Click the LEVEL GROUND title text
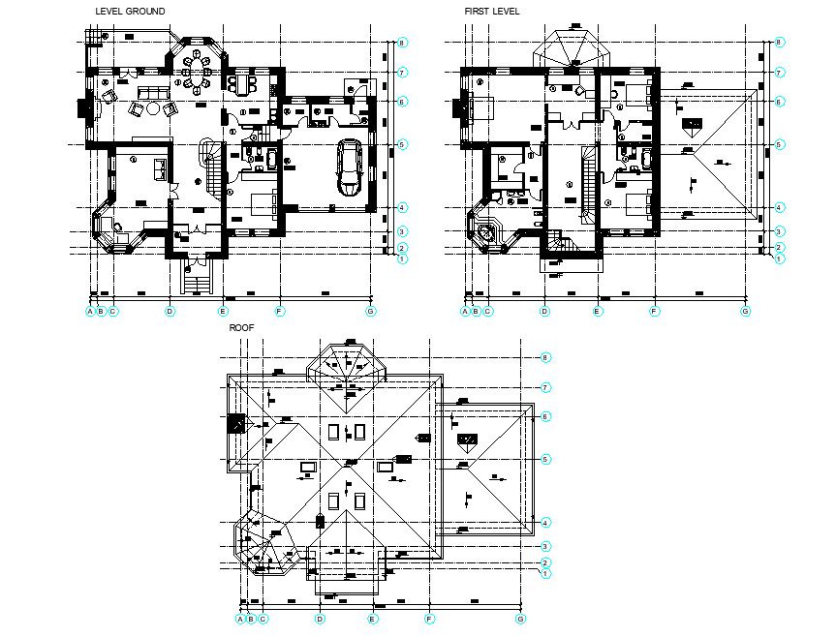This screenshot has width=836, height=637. click(x=130, y=12)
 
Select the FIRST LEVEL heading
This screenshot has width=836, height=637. click(x=492, y=12)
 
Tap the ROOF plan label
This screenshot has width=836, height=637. click(x=241, y=328)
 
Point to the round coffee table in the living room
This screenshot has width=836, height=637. click(x=153, y=108)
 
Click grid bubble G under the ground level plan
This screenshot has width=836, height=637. click(x=370, y=311)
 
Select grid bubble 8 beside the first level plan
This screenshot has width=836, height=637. click(x=778, y=43)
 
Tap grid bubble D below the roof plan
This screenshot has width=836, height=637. click(x=320, y=619)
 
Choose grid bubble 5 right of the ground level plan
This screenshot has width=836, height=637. click(x=402, y=144)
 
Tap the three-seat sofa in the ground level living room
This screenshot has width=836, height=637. click(x=150, y=93)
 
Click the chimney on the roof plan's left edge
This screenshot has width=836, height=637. click(x=235, y=423)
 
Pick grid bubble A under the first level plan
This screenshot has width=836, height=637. click(x=464, y=311)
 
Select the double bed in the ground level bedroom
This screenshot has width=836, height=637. click(x=262, y=205)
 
